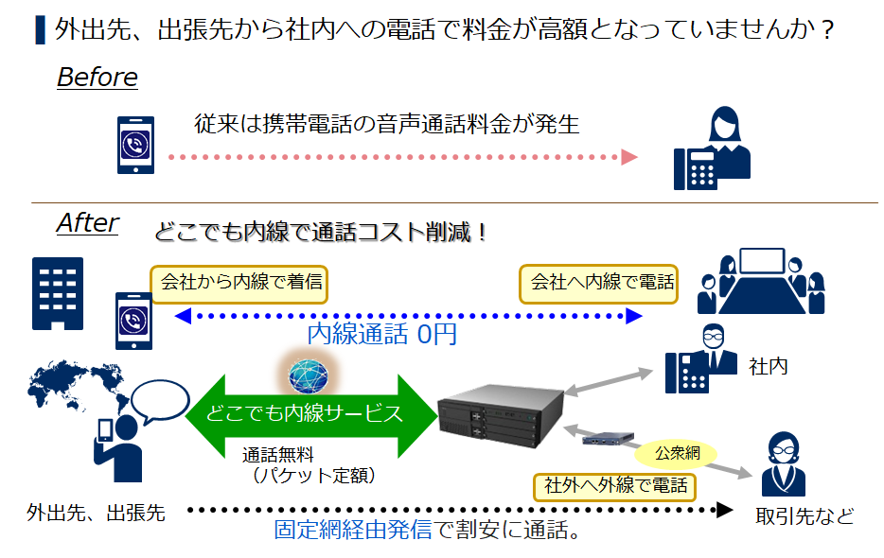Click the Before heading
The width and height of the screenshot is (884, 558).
click(x=97, y=78)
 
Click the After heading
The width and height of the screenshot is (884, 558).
click(x=88, y=222)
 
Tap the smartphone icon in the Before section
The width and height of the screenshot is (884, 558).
click(x=135, y=145)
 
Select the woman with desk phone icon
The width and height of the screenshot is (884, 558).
click(x=712, y=148)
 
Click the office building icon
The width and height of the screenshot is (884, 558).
click(x=58, y=293)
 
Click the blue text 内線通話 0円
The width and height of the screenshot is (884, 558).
click(x=381, y=334)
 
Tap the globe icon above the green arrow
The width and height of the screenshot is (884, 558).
click(x=309, y=376)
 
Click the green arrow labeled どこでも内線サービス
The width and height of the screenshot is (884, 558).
click(x=311, y=416)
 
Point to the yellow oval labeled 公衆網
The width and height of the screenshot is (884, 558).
click(x=676, y=453)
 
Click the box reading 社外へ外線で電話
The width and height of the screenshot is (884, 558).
click(x=614, y=487)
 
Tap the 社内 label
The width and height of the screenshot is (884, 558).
click(x=768, y=367)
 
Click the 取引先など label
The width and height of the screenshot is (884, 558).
click(x=804, y=515)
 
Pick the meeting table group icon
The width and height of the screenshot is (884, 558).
click(x=761, y=281)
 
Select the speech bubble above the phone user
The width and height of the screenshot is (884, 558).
click(x=160, y=401)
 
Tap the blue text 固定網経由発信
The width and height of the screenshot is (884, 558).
click(x=353, y=530)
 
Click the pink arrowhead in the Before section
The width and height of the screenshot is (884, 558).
click(x=629, y=157)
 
